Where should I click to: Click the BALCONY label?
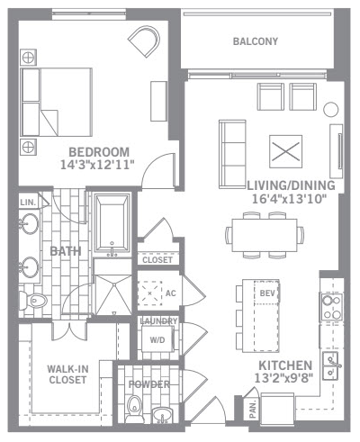(x=256, y=41)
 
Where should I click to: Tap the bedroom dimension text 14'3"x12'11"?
(x=97, y=165)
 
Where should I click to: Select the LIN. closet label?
(x=28, y=203)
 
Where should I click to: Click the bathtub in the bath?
(x=112, y=222)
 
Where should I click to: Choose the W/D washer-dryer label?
(x=157, y=340)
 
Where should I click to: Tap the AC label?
(x=171, y=293)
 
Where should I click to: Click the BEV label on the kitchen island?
(x=267, y=293)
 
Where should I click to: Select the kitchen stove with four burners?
(x=331, y=307)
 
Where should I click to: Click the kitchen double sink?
(x=331, y=366)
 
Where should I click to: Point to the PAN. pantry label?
(x=253, y=409)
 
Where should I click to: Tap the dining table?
(x=265, y=235)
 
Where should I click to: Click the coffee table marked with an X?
(x=285, y=151)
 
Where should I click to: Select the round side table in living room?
(x=331, y=110)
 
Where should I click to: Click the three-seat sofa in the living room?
(x=232, y=154)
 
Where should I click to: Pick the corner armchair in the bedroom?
(x=145, y=41)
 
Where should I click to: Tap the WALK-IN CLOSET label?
(x=67, y=374)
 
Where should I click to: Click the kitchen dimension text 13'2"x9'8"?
(x=283, y=378)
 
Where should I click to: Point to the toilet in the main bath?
(x=33, y=301)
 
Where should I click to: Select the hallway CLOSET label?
(x=157, y=260)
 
